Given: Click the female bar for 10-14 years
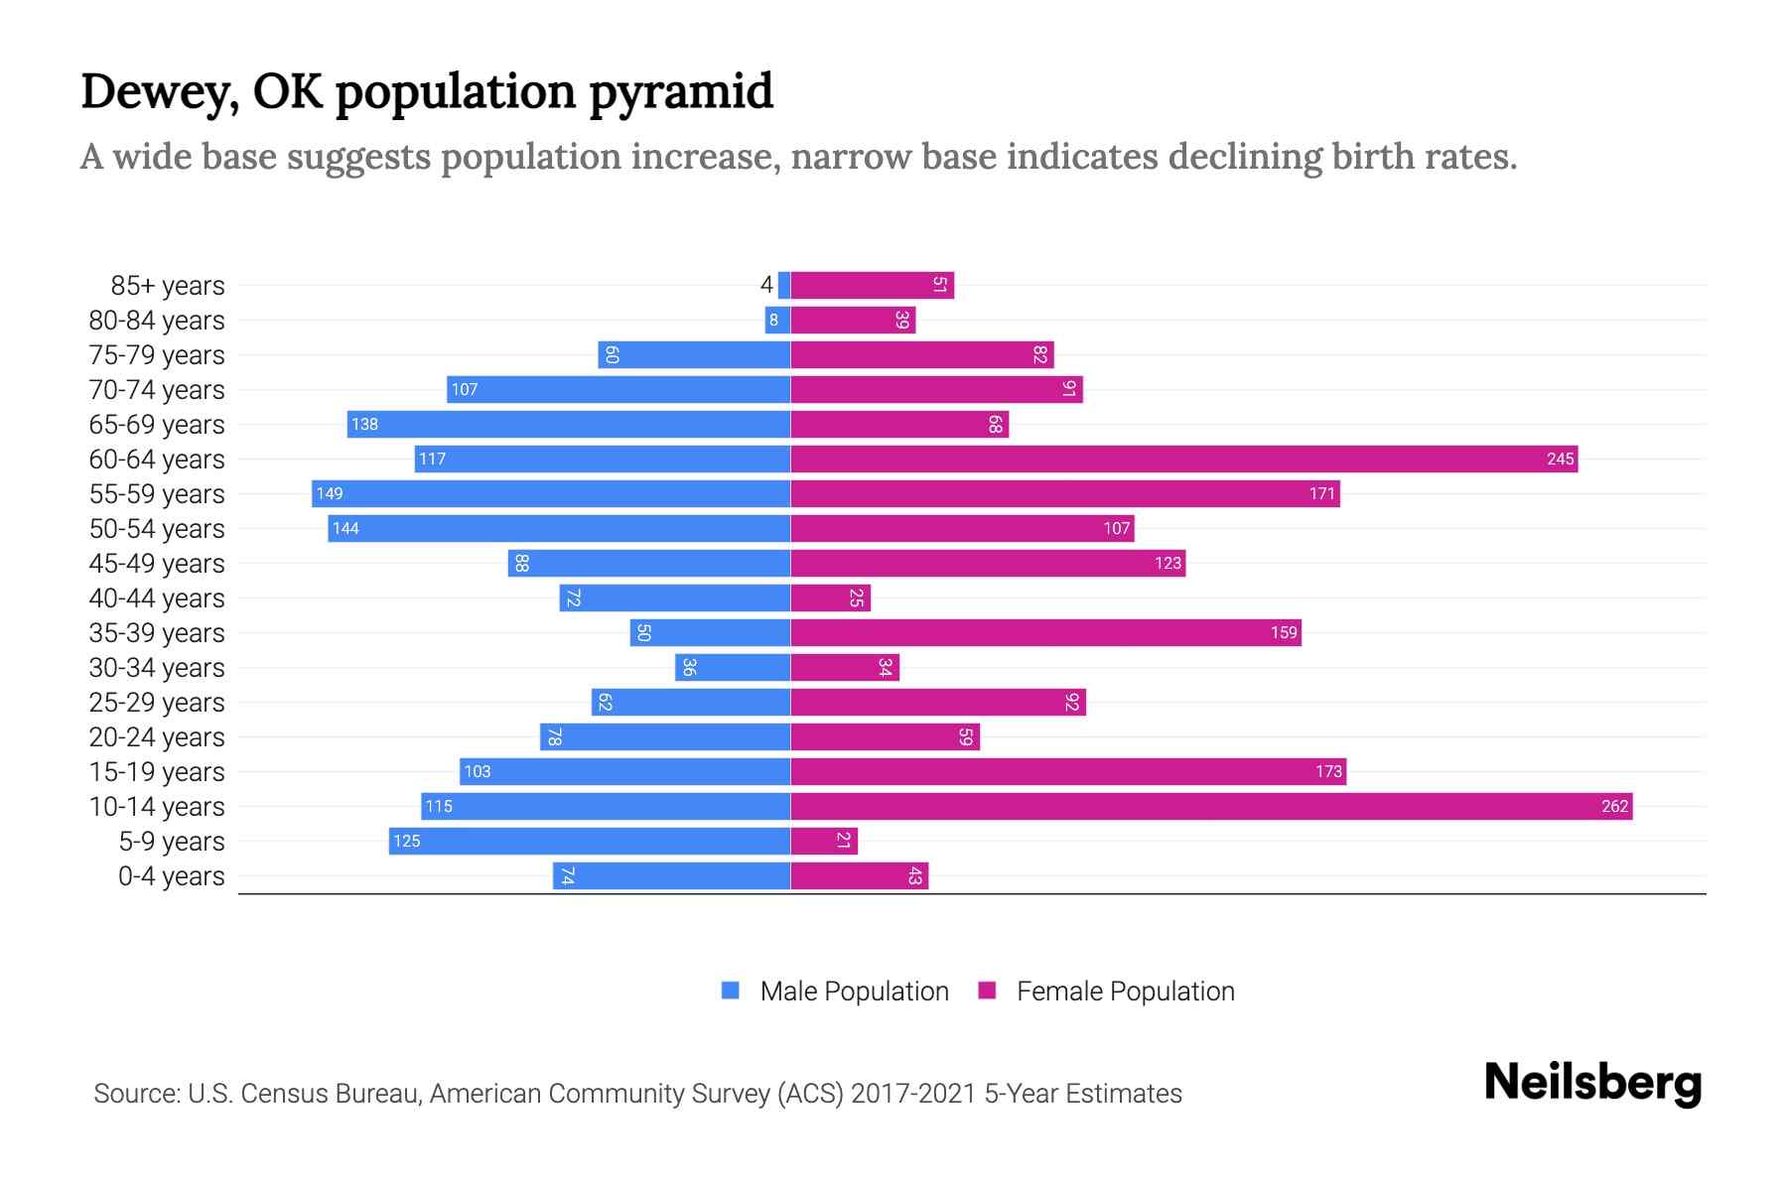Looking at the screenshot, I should (x=1211, y=806).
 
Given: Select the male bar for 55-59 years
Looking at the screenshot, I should (x=551, y=493).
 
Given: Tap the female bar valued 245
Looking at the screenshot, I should (x=1183, y=459).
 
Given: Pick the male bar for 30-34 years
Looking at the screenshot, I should (x=733, y=667).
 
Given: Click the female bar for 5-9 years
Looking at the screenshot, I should (x=824, y=841).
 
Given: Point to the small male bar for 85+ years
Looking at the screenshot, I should (x=784, y=285).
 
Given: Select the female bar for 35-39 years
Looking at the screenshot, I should (x=1045, y=632).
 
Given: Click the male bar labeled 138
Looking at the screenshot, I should (x=569, y=424).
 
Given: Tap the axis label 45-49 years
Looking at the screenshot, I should (x=157, y=564).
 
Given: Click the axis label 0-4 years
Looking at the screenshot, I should (x=171, y=876).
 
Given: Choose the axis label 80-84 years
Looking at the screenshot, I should (x=157, y=321).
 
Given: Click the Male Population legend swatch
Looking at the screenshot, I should (x=731, y=991).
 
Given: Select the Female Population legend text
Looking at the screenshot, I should (x=1125, y=992).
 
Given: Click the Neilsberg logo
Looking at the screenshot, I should (x=1592, y=1083).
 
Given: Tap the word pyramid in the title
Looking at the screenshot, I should (x=681, y=93).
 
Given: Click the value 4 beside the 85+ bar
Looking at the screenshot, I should (x=766, y=285).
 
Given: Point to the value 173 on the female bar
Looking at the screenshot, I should (x=1328, y=771).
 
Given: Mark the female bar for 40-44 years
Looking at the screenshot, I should (x=830, y=597).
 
